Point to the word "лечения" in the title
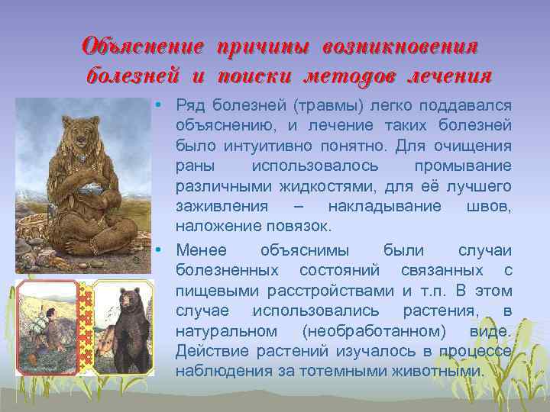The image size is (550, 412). (450, 76)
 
